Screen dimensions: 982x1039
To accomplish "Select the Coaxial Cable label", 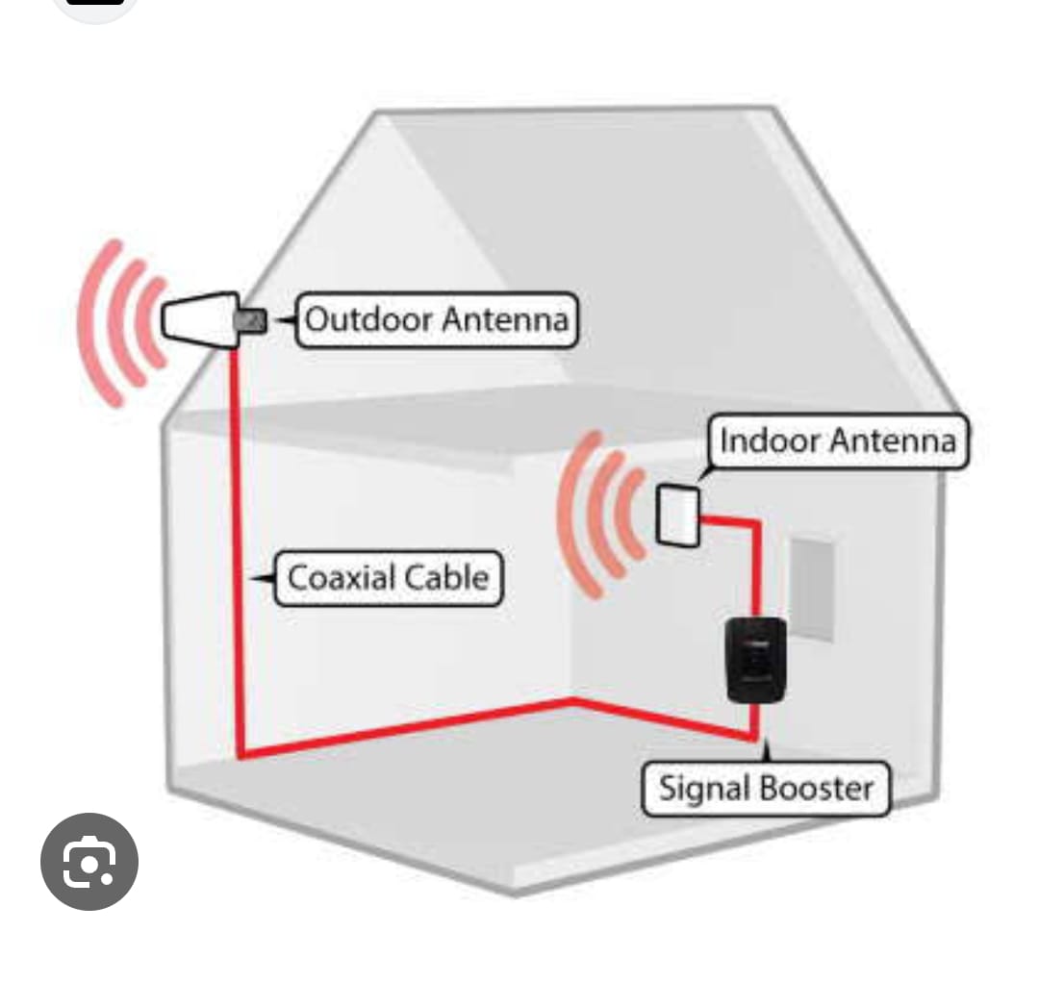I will (388, 578).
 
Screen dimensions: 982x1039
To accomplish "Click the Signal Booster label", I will (766, 789).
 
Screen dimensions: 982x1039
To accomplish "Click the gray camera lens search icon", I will (89, 862).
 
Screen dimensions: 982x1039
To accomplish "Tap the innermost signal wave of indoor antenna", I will (634, 515).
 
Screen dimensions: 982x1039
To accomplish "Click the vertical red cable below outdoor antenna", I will (236, 539).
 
